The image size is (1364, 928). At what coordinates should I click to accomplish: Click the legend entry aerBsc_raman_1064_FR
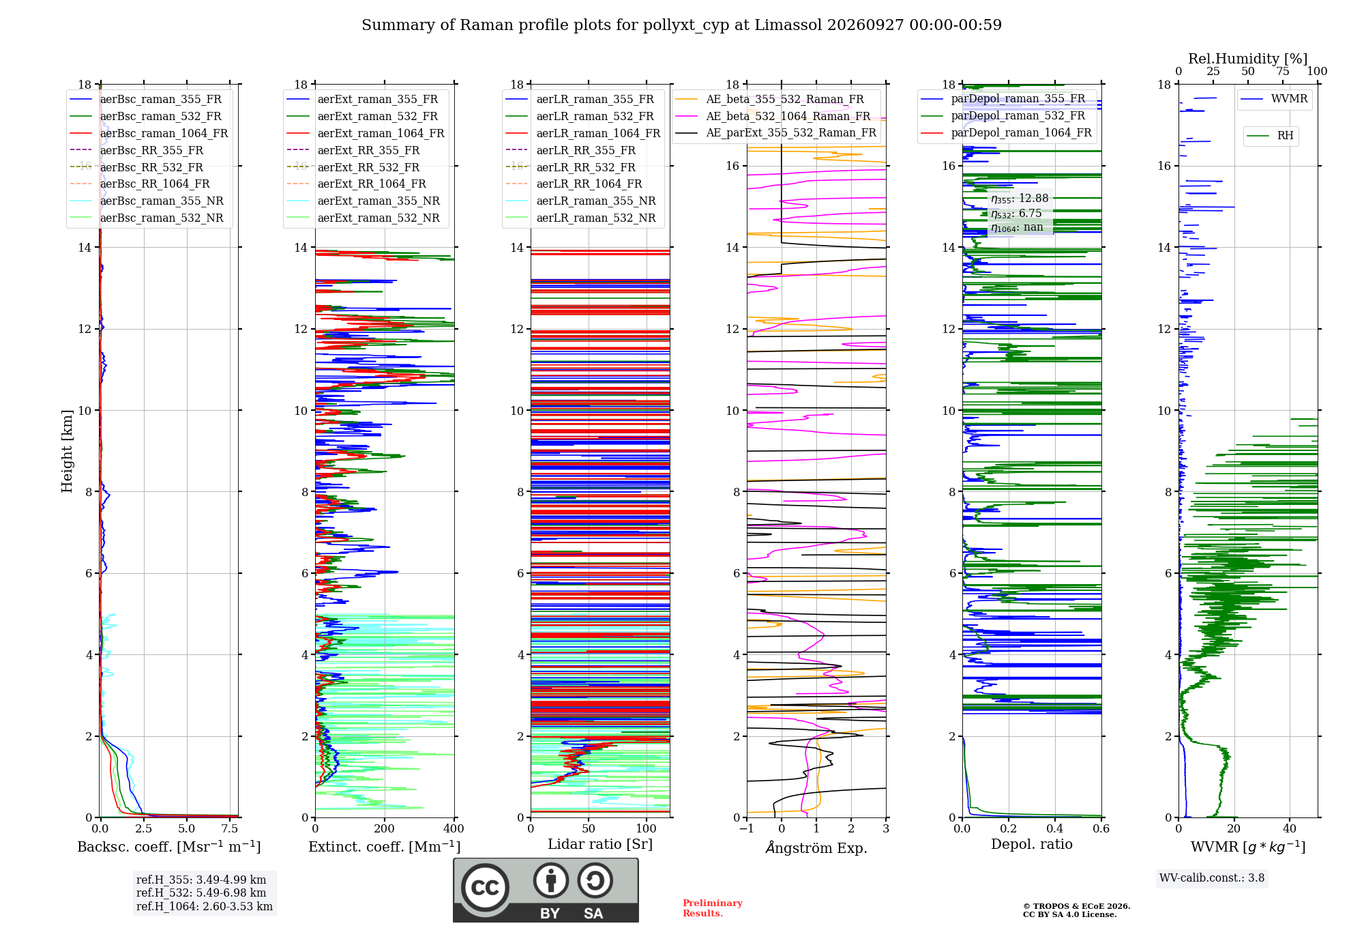point(149,134)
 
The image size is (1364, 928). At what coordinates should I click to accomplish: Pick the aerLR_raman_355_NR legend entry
point(580,201)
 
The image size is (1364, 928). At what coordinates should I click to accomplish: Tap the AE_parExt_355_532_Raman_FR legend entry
point(775,133)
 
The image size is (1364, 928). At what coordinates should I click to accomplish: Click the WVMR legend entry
point(1274,99)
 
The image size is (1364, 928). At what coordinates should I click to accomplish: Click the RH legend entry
point(1270,136)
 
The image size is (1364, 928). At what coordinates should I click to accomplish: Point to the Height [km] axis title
point(67,451)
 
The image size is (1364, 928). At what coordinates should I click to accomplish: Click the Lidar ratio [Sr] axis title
point(600,844)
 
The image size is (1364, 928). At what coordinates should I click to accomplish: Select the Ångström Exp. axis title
point(816,847)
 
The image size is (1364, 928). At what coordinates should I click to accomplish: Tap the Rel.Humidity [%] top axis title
point(1248,59)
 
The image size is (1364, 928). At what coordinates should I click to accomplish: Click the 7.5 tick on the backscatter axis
point(231,829)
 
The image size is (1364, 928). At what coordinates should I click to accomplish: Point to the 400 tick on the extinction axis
point(454,829)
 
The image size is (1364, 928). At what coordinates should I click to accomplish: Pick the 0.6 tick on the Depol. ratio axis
point(1101,829)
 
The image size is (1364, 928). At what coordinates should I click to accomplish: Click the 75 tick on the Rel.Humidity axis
point(1283,72)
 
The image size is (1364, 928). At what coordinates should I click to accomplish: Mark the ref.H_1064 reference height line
point(205,907)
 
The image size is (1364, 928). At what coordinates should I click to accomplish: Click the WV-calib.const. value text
point(1212,878)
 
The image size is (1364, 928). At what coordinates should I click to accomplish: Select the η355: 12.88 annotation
point(1020,199)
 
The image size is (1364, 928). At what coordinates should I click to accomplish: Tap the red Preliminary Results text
point(713,908)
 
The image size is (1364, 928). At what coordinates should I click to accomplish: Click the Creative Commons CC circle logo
point(485,888)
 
